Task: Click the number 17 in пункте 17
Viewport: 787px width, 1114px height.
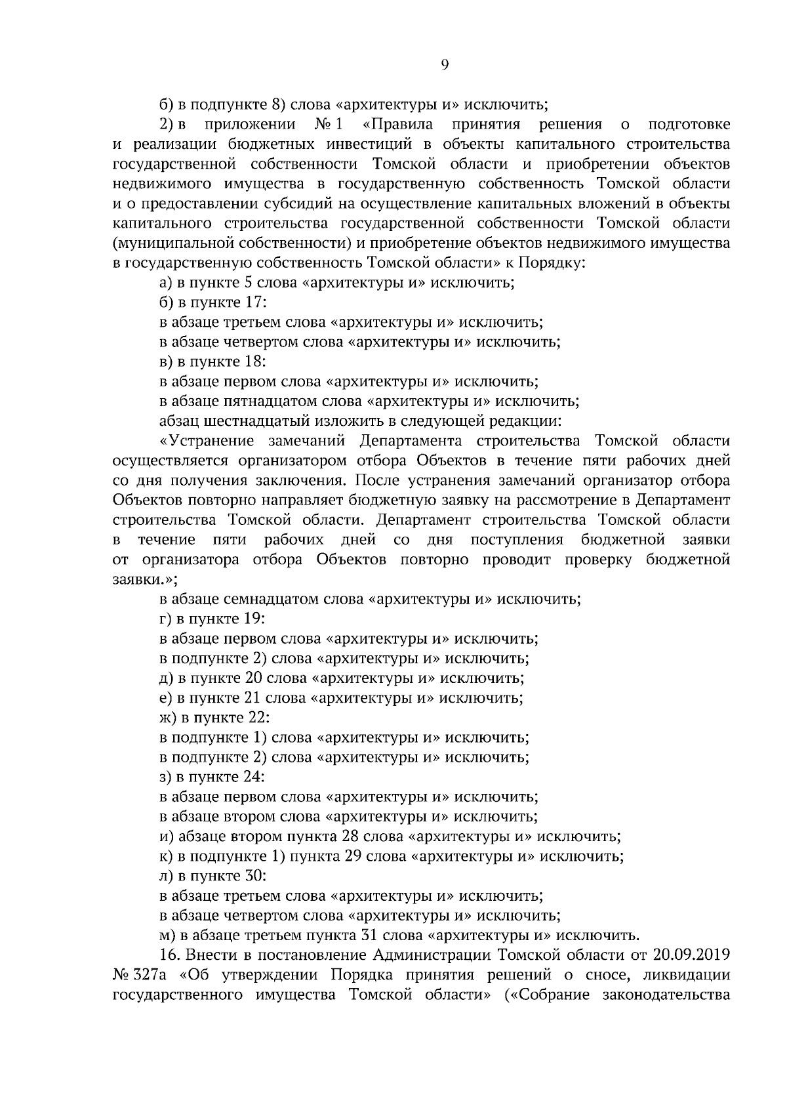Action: click(x=253, y=302)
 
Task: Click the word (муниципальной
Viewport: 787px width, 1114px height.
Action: click(x=173, y=243)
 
